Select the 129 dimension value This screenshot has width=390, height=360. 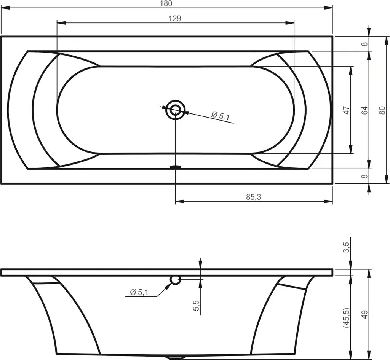(x=175, y=18)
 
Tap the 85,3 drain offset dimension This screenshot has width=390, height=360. (x=253, y=197)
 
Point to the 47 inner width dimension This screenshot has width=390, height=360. (x=347, y=110)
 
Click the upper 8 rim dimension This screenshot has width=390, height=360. (x=364, y=44)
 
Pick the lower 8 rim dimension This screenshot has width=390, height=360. (x=364, y=177)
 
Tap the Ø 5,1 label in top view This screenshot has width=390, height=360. (x=221, y=115)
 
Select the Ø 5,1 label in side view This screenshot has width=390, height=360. (x=139, y=292)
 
